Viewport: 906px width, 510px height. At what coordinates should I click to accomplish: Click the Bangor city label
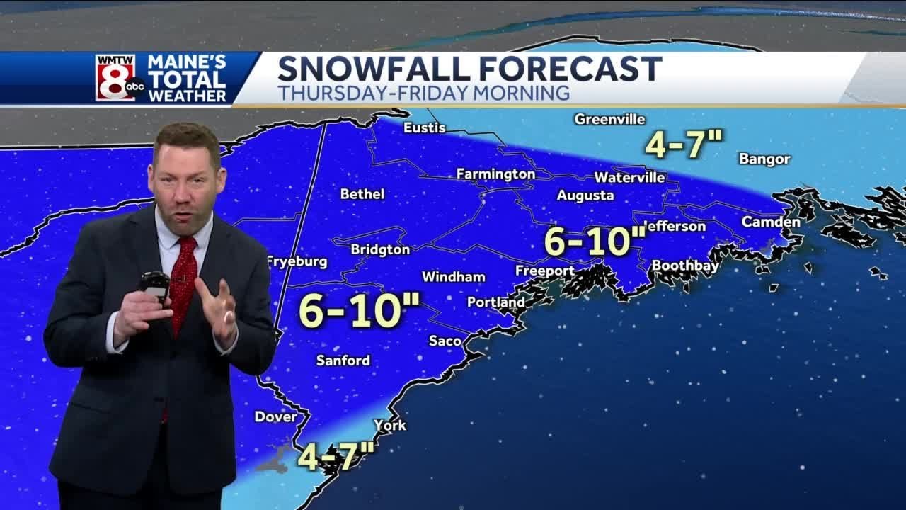point(764,159)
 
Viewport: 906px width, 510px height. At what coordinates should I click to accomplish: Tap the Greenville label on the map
point(609,119)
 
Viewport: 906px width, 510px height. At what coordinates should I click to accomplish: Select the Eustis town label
point(425,127)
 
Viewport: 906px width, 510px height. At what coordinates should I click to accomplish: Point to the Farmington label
point(495,174)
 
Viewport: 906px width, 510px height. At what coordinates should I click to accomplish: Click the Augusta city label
point(585,195)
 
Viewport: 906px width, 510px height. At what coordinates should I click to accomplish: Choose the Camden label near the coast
point(771,222)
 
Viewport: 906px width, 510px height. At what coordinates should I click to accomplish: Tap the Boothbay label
point(684,266)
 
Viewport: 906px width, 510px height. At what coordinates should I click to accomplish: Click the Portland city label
point(496,302)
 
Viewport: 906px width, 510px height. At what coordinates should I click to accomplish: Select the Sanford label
point(343,361)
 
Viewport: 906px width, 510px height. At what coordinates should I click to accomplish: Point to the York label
point(390,425)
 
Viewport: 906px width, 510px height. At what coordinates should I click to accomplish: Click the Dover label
point(276,416)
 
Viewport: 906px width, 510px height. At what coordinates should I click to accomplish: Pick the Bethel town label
point(362,193)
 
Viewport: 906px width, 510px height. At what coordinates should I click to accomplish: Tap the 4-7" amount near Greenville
point(684,144)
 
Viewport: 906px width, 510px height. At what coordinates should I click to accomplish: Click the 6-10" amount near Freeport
point(595,241)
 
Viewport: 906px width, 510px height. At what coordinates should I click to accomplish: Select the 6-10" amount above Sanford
point(360,310)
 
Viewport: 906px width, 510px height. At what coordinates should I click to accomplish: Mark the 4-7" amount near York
point(336,456)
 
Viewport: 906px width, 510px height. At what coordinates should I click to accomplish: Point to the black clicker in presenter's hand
point(154,283)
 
